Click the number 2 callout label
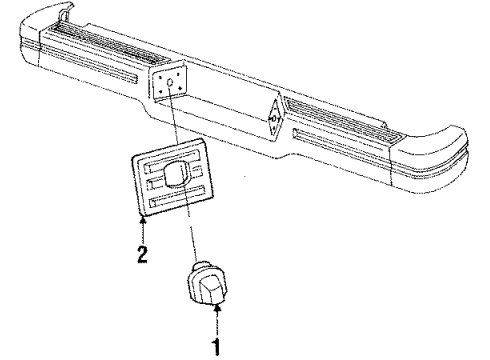pyautogui.click(x=143, y=253)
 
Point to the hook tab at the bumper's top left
pyautogui.click(x=67, y=11)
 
